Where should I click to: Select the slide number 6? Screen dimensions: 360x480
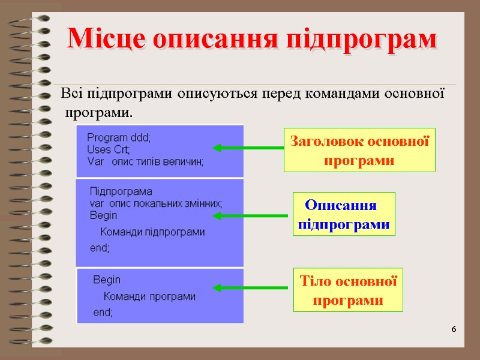point(454,329)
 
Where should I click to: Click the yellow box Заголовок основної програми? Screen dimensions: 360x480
point(359,151)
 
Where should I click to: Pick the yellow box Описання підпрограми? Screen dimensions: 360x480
point(344,214)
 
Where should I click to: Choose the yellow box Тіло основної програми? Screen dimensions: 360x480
point(348,290)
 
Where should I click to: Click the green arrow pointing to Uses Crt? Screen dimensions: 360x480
point(248,148)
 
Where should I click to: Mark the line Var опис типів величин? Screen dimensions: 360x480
point(145,161)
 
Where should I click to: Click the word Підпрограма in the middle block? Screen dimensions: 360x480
point(121,192)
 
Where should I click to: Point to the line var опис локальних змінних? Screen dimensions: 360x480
point(155,203)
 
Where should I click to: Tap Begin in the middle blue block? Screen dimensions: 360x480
point(103,215)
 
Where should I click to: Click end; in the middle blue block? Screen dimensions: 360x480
point(100,247)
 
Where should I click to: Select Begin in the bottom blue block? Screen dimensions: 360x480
point(107,280)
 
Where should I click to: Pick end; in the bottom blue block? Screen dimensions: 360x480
point(103,312)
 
